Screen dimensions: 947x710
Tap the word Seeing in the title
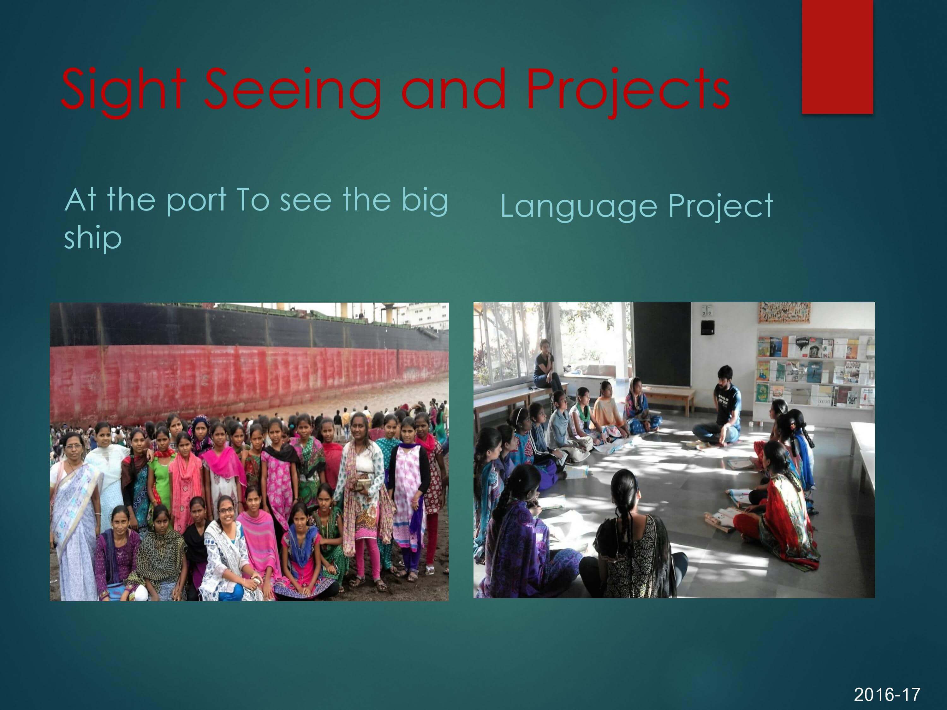coord(292,91)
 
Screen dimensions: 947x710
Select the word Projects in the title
coord(628,91)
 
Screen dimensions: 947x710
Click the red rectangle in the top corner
coord(837,56)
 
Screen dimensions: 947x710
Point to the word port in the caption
coord(196,201)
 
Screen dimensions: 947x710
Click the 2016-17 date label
coord(887,694)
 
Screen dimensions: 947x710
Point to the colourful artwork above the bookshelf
coord(784,313)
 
